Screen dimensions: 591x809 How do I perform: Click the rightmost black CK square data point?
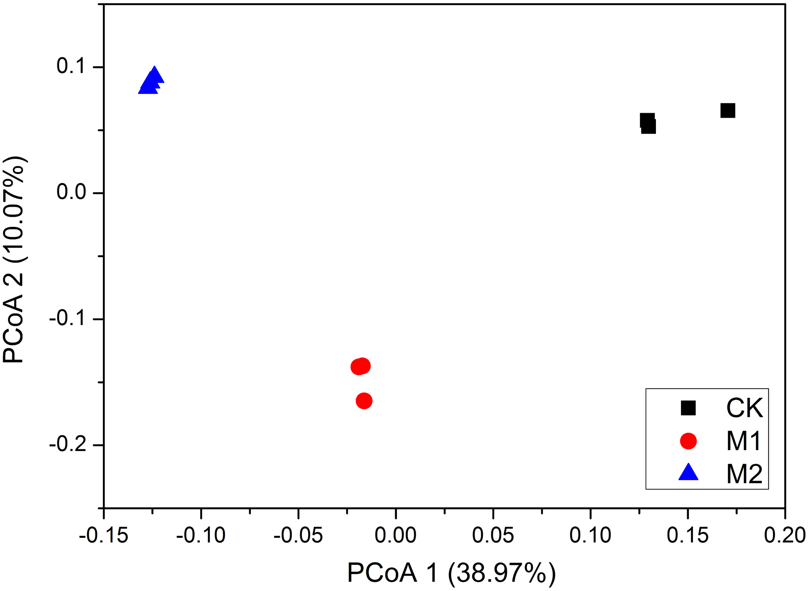[x=727, y=111]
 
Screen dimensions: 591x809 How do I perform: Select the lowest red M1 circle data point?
[x=364, y=401]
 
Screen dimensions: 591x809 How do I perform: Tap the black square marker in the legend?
[x=688, y=408]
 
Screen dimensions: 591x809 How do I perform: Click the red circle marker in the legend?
[x=688, y=441]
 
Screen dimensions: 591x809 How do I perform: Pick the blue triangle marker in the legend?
[x=688, y=473]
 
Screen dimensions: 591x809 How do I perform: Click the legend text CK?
[x=744, y=408]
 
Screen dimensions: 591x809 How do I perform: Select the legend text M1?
[x=744, y=441]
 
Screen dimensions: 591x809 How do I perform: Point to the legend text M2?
[x=744, y=474]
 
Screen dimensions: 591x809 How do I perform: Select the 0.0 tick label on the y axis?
[x=71, y=193]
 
